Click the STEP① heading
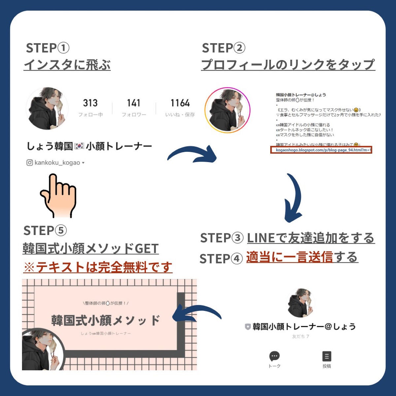click(x=48, y=48)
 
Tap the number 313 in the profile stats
click(x=90, y=103)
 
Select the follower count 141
click(x=133, y=103)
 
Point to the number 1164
click(x=180, y=103)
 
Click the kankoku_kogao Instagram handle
click(x=57, y=163)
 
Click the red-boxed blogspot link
click(x=321, y=150)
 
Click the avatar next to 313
click(x=47, y=108)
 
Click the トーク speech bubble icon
click(x=274, y=356)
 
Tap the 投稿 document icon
click(x=326, y=356)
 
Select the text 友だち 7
click(x=300, y=337)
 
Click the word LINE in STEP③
click(x=261, y=238)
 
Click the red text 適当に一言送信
click(x=289, y=257)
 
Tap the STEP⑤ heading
click(x=45, y=230)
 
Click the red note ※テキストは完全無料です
click(x=98, y=267)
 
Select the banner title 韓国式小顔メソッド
click(x=106, y=320)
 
